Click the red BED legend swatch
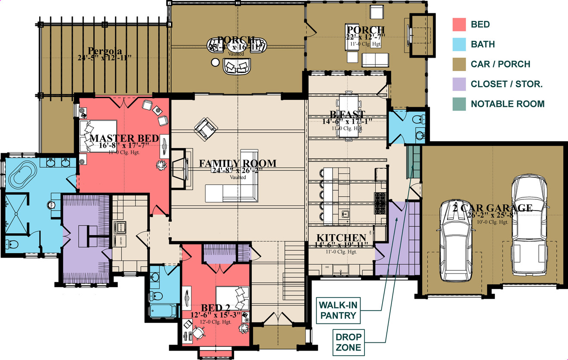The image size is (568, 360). (460, 25)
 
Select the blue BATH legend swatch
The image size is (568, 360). (460, 44)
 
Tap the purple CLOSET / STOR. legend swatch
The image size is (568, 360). (460, 84)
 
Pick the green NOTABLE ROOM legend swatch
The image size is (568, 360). (460, 104)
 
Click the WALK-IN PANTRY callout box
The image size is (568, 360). (337, 310)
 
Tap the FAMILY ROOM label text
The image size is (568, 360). (238, 164)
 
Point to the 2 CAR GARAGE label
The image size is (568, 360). (492, 208)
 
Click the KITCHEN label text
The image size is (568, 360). (341, 238)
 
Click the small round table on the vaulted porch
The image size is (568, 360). (215, 63)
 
